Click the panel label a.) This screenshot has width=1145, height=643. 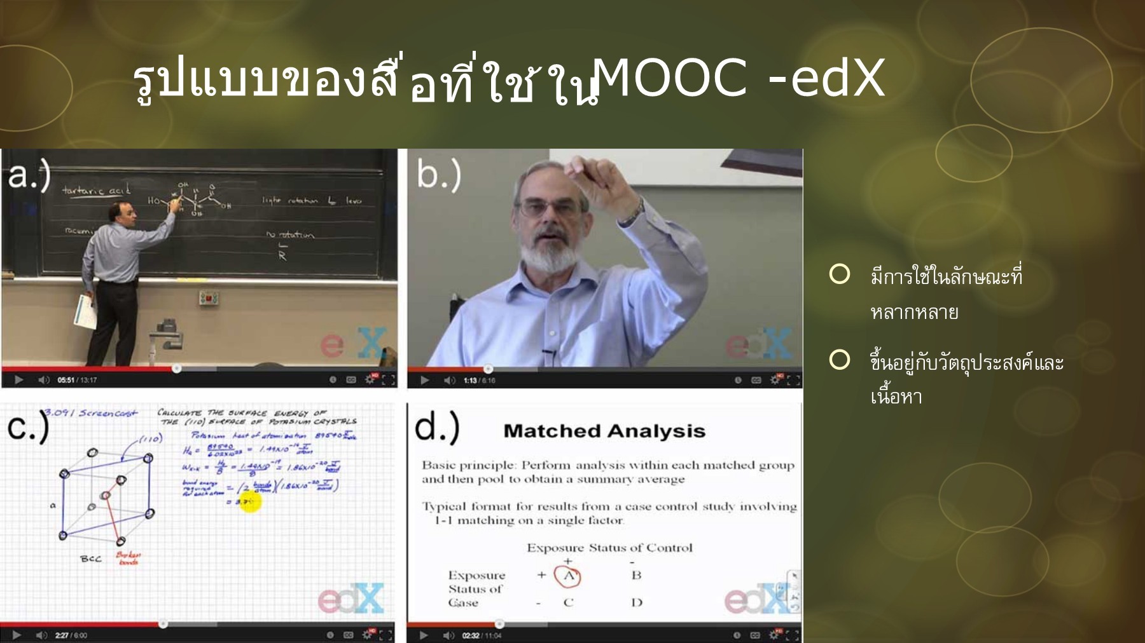click(29, 175)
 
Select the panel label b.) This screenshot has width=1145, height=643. click(438, 175)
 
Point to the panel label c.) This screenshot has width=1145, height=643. click(27, 427)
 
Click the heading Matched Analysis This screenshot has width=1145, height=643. click(604, 431)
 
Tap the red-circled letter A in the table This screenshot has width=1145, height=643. click(568, 576)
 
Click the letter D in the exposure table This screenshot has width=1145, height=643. click(636, 602)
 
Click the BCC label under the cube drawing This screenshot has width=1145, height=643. click(90, 558)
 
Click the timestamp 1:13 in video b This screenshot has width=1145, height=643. click(470, 381)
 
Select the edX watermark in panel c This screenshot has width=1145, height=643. click(351, 599)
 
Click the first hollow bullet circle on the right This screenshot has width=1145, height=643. click(840, 274)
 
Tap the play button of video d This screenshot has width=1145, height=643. click(424, 635)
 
